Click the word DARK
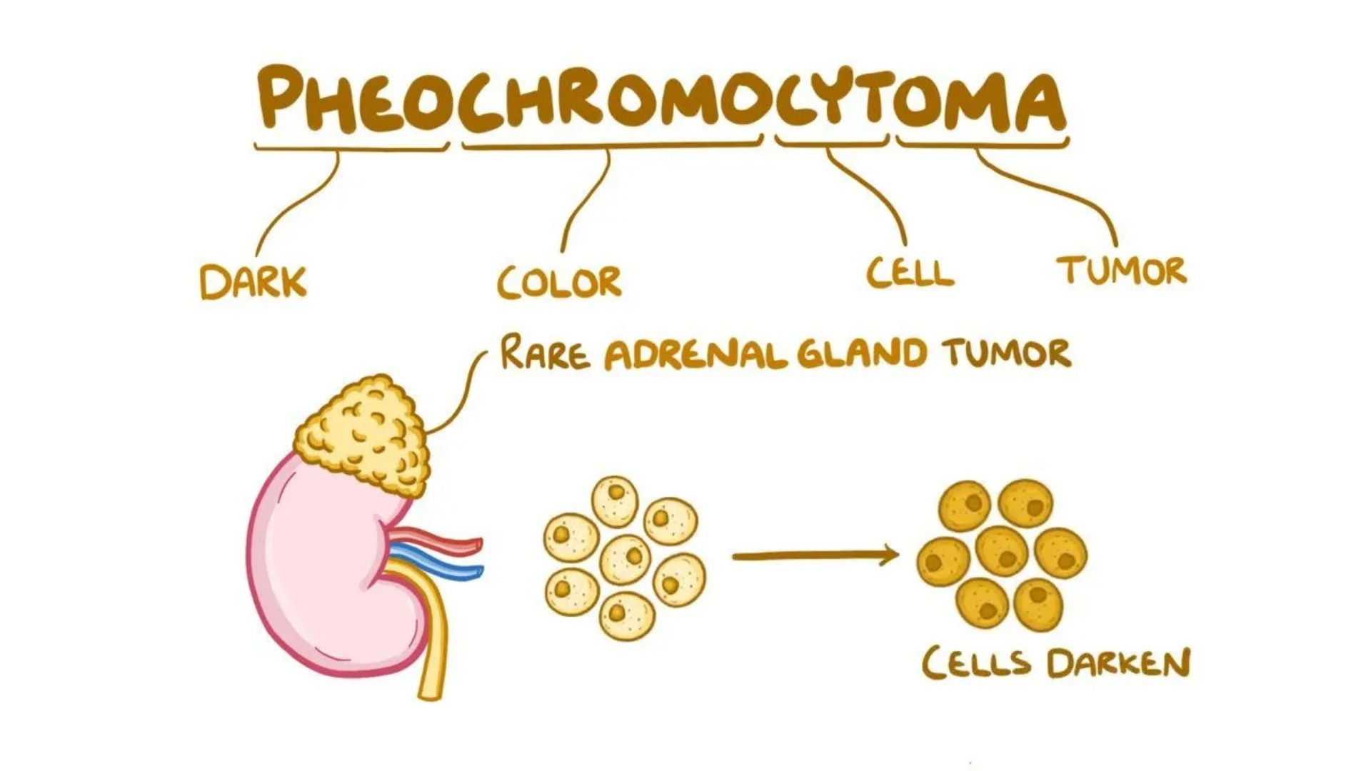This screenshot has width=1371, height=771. click(253, 282)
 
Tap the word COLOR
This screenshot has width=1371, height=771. click(559, 282)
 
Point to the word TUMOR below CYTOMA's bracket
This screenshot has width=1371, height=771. click(1122, 271)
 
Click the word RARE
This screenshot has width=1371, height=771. click(546, 353)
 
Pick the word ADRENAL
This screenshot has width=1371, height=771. click(695, 354)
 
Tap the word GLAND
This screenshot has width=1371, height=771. click(862, 353)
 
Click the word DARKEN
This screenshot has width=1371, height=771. click(1119, 663)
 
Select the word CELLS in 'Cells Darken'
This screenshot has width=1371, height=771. click(976, 663)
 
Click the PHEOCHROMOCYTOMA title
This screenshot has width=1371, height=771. click(662, 99)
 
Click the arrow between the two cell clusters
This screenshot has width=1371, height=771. click(815, 555)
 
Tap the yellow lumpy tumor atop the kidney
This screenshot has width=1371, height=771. click(363, 435)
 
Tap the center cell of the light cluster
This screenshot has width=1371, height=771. click(626, 559)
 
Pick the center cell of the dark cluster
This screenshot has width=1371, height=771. click(1001, 550)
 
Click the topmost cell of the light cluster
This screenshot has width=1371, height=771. click(615, 501)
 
